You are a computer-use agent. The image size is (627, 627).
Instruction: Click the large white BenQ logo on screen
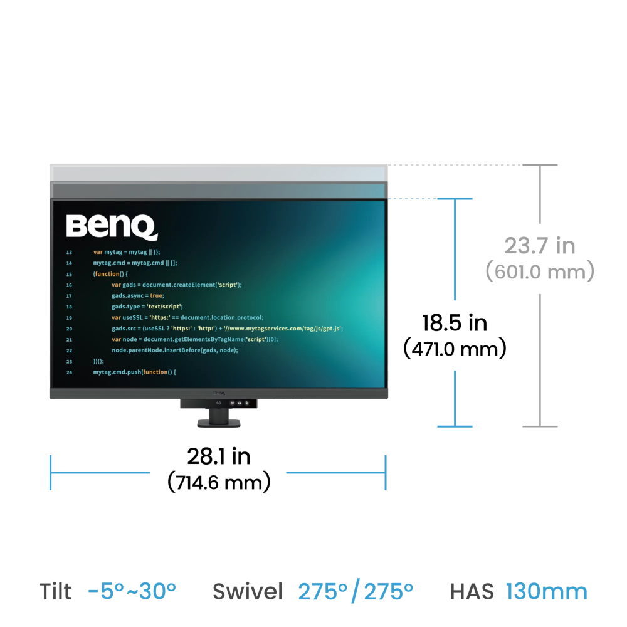(112, 228)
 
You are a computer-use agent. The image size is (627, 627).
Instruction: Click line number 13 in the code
(69, 252)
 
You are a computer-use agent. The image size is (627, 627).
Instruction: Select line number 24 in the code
(69, 372)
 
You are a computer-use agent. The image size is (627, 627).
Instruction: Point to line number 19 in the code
(69, 318)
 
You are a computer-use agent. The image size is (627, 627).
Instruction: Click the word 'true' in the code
(156, 296)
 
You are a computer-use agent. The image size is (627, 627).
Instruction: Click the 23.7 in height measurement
(539, 246)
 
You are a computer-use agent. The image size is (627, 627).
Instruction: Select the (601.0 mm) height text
(539, 272)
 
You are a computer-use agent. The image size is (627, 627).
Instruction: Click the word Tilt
(55, 591)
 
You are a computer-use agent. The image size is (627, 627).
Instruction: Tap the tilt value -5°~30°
(132, 591)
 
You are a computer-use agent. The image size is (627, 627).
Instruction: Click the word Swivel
(247, 591)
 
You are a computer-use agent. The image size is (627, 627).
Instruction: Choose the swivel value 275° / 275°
(356, 591)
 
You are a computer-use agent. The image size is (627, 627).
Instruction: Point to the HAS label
(472, 591)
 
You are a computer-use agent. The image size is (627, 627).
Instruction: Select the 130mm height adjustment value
(547, 591)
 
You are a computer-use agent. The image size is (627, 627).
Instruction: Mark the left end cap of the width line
(51, 472)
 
